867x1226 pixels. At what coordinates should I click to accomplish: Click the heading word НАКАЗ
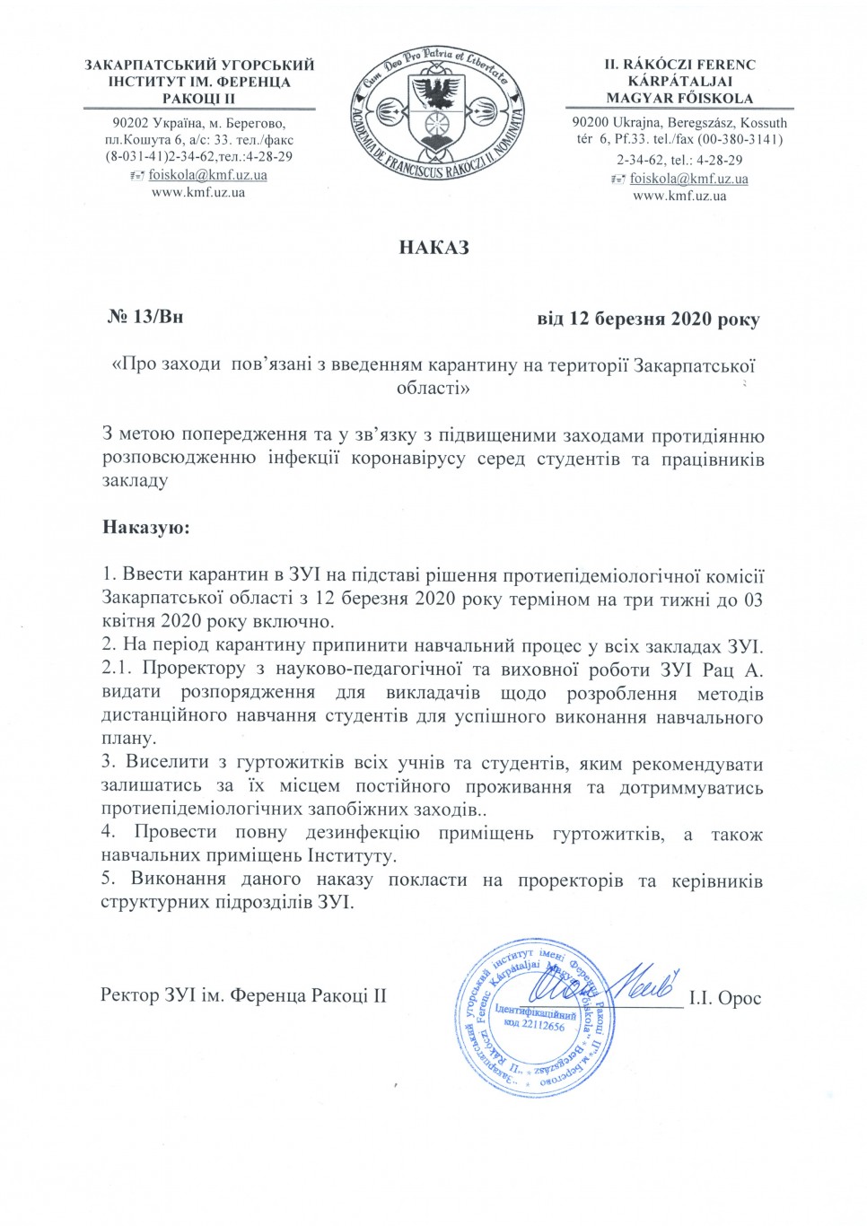pos(433,248)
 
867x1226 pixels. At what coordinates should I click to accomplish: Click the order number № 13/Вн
pos(145,317)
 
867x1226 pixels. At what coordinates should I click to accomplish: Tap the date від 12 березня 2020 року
pos(648,319)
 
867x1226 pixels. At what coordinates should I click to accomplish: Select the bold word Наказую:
pos(146,527)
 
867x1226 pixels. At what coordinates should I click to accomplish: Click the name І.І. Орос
pos(725,998)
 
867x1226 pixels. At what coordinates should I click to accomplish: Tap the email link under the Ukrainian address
pos(207,175)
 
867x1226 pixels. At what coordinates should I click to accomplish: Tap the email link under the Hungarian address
pos(688,179)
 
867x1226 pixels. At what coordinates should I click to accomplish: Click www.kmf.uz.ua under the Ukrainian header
pos(198,192)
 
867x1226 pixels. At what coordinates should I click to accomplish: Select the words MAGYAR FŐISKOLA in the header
pos(679,98)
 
